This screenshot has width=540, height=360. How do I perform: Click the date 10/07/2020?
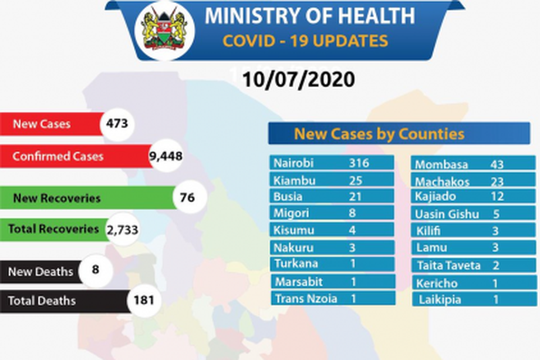point(297,79)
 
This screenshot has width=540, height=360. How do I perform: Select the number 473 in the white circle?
point(117,123)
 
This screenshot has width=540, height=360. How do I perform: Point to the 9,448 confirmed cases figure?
point(164,156)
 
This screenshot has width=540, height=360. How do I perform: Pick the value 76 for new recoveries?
point(185,198)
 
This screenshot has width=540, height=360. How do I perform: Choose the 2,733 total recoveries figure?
point(120,229)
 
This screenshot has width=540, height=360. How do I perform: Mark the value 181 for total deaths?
point(143,301)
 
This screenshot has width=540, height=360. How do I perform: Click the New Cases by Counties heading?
point(378,134)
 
